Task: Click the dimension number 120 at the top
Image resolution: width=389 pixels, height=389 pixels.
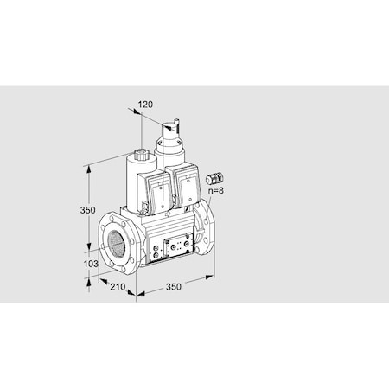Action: pos(146,104)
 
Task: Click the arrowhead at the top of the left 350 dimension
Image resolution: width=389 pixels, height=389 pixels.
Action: pos(90,169)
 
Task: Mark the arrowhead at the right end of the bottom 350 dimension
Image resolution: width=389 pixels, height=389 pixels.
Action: pos(213,276)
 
